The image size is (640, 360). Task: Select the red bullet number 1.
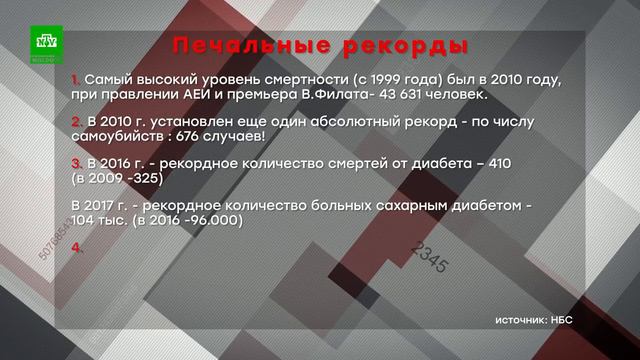77,79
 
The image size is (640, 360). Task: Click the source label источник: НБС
546,321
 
